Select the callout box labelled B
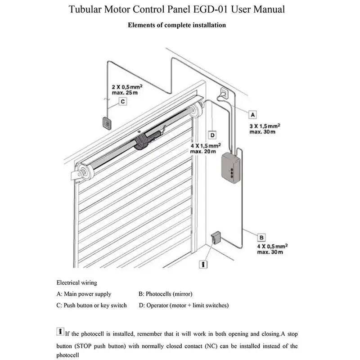261,237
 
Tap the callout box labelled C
122,102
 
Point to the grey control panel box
232,167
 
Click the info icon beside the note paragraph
60,332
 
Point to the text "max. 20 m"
202,151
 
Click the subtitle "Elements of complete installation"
177,25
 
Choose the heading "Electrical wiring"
76,283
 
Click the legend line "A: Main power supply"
84,294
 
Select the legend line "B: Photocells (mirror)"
166,294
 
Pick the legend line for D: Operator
184,306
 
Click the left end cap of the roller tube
83,171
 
